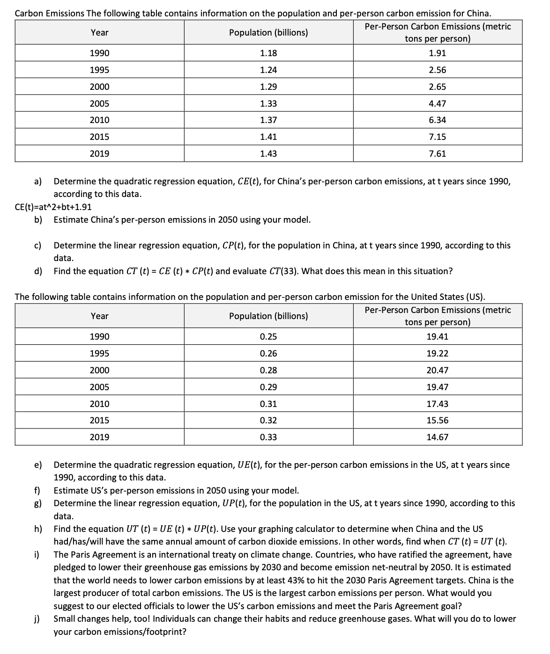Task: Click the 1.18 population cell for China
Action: click(x=268, y=53)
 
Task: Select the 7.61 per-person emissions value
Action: click(x=437, y=153)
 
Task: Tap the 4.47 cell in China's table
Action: click(x=437, y=103)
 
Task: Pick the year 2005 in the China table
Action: click(x=99, y=103)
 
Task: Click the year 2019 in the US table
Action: click(x=99, y=437)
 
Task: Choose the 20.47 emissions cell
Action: click(x=437, y=370)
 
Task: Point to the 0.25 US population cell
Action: click(x=268, y=336)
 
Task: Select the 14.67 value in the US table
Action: click(x=437, y=437)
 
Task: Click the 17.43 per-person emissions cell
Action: click(x=437, y=404)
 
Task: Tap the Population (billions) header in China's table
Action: click(x=268, y=32)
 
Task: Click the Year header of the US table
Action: click(x=99, y=316)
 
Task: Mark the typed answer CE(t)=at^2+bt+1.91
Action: click(x=53, y=207)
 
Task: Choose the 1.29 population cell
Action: click(x=268, y=87)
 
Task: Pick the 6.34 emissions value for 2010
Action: click(x=437, y=120)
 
